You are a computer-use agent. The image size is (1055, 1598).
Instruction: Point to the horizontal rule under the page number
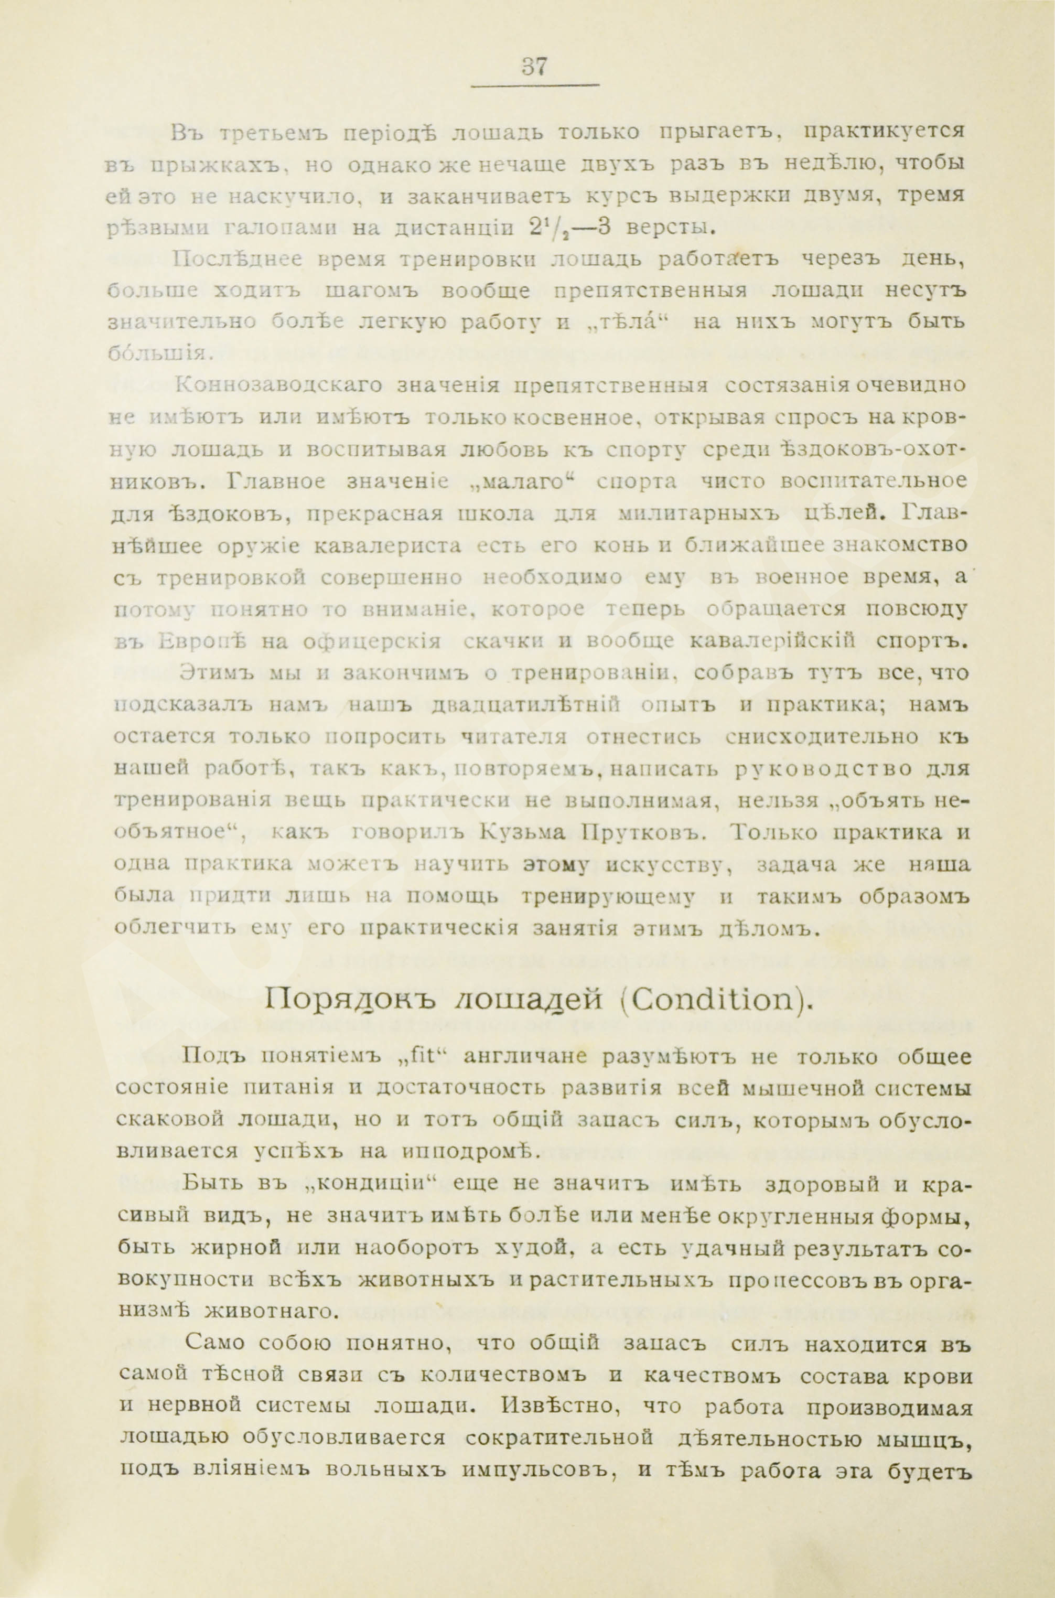click(x=535, y=85)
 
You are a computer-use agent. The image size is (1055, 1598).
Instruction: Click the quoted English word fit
click(x=416, y=1057)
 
